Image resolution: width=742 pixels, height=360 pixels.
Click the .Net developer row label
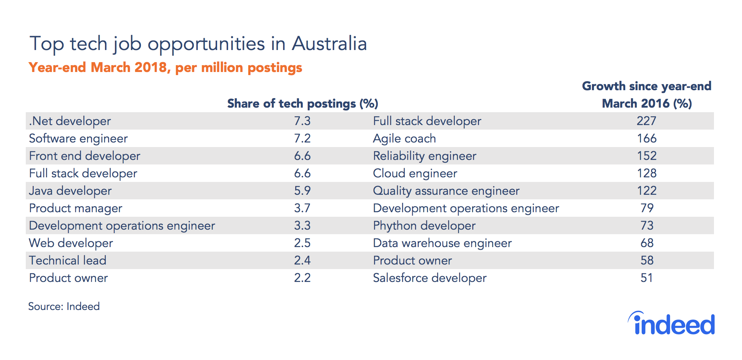[70, 121]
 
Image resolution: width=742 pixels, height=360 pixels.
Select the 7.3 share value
[302, 121]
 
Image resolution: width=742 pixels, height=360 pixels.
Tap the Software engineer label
[78, 139]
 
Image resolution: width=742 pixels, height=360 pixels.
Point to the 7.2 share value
[302, 138]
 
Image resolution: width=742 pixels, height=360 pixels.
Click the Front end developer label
[85, 156]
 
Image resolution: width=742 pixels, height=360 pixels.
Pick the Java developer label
[70, 191]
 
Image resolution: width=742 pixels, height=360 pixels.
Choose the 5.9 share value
[302, 191]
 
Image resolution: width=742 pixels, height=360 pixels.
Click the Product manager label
[76, 208]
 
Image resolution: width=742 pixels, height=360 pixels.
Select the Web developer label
[71, 243]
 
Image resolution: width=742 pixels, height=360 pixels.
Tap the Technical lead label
[68, 260]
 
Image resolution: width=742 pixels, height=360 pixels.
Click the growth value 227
[647, 121]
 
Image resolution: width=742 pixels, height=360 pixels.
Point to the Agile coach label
[404, 139]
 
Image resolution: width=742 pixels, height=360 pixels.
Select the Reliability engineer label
[425, 156]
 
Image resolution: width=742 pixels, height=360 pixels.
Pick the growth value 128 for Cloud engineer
[647, 173]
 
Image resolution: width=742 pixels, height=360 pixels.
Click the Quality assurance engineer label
[446, 191]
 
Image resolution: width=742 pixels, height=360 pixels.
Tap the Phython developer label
[424, 226]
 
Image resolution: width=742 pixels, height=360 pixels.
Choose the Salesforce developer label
[430, 278]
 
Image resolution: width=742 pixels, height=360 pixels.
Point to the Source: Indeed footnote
[64, 306]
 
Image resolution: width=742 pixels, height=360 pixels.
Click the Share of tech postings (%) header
[303, 103]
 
